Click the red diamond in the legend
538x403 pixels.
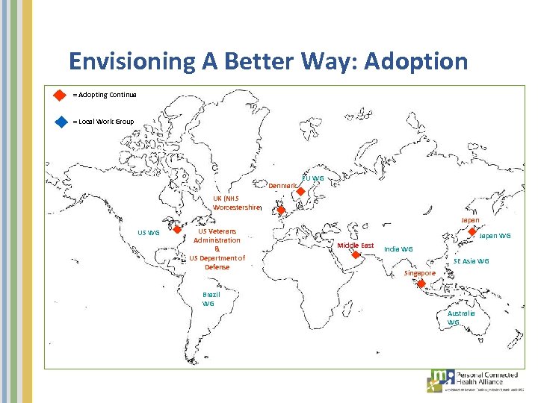click(61, 96)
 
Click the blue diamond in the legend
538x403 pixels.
click(61, 122)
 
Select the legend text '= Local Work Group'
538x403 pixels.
click(104, 122)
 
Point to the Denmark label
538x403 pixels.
click(282, 185)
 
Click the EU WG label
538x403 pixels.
click(313, 178)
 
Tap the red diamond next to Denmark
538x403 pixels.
click(299, 191)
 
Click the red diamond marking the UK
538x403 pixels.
click(281, 211)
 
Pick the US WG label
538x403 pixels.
click(148, 232)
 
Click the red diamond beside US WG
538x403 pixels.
click(178, 229)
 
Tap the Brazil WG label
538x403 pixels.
click(209, 299)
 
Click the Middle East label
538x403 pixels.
click(355, 246)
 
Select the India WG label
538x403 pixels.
click(398, 249)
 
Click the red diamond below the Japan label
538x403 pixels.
click(471, 231)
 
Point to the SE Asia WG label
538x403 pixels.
click(471, 261)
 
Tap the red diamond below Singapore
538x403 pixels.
click(421, 284)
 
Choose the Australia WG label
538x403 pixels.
click(460, 318)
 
